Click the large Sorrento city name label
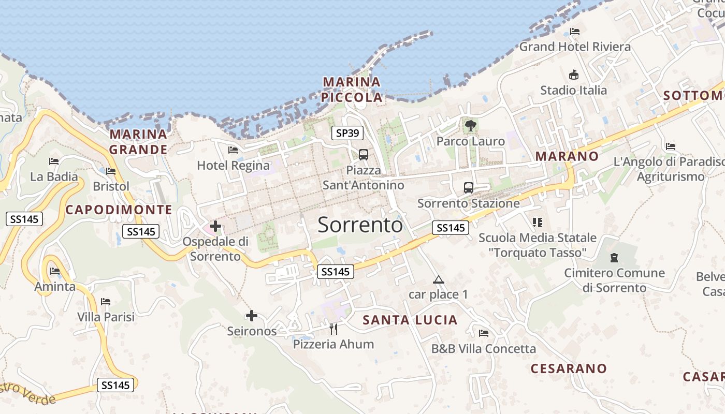click(x=360, y=225)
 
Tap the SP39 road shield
click(x=347, y=133)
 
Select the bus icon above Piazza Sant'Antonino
click(x=364, y=154)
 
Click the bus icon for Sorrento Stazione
click(x=469, y=187)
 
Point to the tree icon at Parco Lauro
click(x=471, y=125)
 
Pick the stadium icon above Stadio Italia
click(x=573, y=75)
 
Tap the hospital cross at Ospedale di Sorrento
click(x=215, y=226)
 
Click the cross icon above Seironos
click(x=252, y=315)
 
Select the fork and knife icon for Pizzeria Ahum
click(x=334, y=329)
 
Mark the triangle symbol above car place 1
click(x=439, y=280)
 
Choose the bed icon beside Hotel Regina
click(x=233, y=150)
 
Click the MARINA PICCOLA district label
click(x=352, y=90)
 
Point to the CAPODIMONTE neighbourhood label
click(x=119, y=210)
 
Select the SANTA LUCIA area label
click(x=410, y=320)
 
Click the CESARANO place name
click(x=569, y=368)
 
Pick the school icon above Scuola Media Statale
click(x=538, y=223)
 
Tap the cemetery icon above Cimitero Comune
click(x=614, y=257)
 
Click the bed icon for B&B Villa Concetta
click(x=484, y=333)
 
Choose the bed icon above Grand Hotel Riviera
click(x=575, y=31)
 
